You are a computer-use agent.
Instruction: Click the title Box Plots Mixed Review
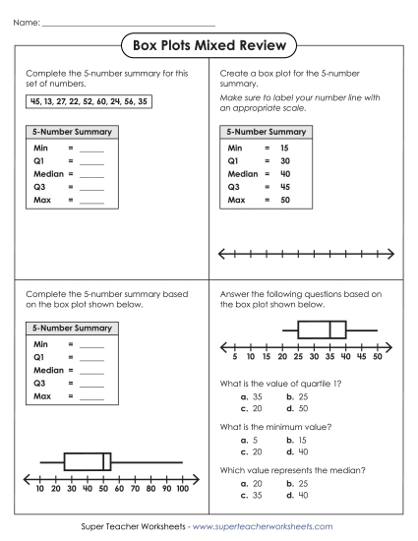(209, 45)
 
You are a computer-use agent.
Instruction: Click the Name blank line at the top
(129, 23)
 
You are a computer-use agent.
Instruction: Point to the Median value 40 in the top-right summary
(284, 172)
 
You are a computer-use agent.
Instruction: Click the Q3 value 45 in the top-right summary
(284, 185)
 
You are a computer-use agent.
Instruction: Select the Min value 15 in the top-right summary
(284, 147)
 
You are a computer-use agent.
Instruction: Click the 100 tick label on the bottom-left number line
(181, 488)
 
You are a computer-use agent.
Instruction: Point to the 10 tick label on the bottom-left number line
(39, 488)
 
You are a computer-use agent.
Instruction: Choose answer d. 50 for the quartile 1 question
(299, 406)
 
